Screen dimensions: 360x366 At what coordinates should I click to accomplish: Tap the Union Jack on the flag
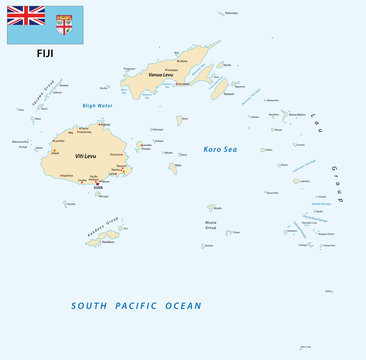pyautogui.click(x=26, y=15)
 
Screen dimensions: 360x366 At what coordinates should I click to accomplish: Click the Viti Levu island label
pyautogui.click(x=87, y=156)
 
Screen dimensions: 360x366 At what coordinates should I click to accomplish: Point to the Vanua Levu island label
pyautogui.click(x=161, y=74)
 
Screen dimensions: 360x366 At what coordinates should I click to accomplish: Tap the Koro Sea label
pyautogui.click(x=220, y=149)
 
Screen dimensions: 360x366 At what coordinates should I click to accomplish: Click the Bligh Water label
pyautogui.click(x=97, y=105)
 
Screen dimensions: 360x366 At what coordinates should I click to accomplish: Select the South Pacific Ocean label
pyautogui.click(x=137, y=306)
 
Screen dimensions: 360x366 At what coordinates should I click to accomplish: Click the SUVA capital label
pyautogui.click(x=98, y=187)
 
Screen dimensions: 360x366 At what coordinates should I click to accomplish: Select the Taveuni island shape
pyautogui.click(x=219, y=88)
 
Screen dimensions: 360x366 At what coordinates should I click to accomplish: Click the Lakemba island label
pyautogui.click(x=303, y=181)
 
